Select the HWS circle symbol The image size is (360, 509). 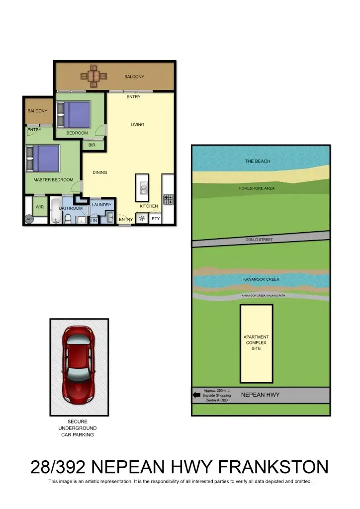[29, 219]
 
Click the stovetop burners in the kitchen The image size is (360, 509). [168, 200]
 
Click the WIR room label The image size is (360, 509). [40, 206]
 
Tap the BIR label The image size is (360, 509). [92, 145]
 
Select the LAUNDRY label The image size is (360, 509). [102, 204]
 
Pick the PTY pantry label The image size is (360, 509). [156, 219]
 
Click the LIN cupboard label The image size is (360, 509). [93, 220]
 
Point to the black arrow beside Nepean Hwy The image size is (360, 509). [196, 396]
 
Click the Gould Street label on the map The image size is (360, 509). [259, 240]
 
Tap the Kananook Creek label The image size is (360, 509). [261, 279]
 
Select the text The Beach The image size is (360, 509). [258, 161]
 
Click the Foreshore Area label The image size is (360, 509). [257, 188]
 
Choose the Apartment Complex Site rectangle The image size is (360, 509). [256, 343]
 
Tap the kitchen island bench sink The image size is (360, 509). [142, 188]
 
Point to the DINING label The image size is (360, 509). [100, 172]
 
